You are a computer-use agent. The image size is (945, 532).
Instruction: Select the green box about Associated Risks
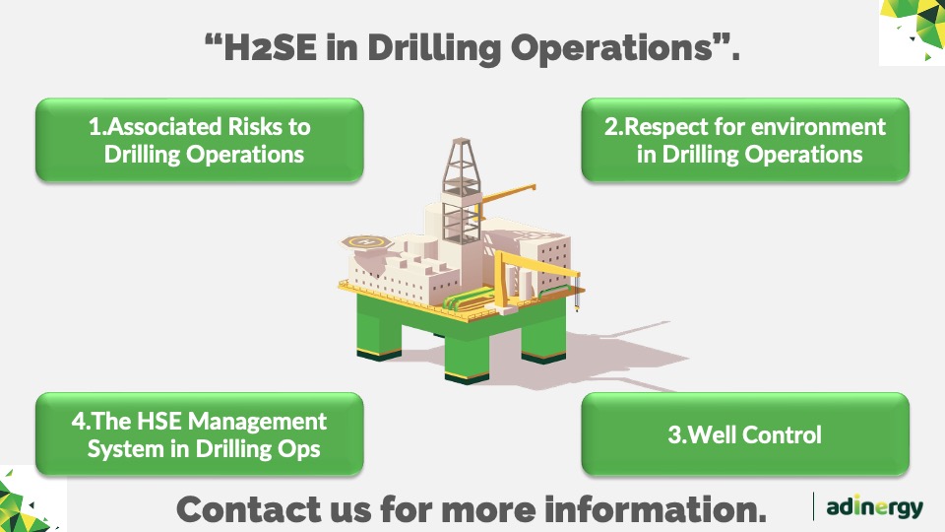[200, 140]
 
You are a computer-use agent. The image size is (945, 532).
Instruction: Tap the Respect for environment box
[745, 140]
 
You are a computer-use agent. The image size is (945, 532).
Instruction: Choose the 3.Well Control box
[745, 434]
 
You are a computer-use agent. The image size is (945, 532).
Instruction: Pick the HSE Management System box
[200, 434]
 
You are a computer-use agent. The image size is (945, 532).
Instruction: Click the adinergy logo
[874, 506]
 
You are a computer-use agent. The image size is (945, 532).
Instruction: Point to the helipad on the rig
[367, 242]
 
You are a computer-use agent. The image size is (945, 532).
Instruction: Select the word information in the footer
[656, 509]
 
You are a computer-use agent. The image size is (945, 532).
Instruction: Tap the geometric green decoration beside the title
[912, 32]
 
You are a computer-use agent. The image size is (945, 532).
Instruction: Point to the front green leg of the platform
[467, 356]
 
